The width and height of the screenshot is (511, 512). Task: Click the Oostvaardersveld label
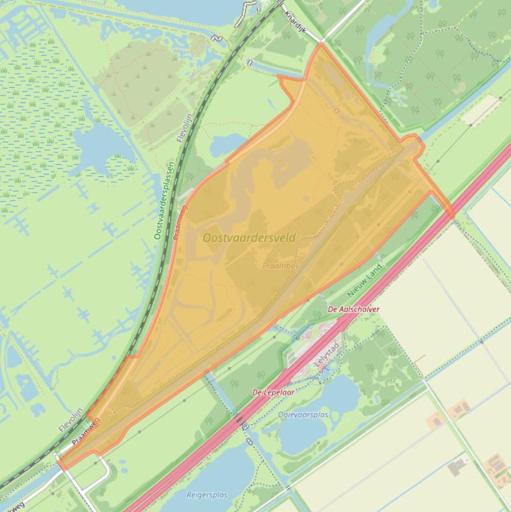click(x=249, y=238)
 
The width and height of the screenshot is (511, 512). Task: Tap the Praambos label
click(x=280, y=265)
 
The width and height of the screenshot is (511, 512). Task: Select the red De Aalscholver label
click(x=354, y=310)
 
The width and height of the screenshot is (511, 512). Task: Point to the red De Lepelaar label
click(x=273, y=392)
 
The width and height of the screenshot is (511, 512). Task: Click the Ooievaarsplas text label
click(x=303, y=415)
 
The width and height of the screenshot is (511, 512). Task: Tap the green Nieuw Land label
click(x=365, y=281)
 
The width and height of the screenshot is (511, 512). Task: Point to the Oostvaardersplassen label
click(x=163, y=200)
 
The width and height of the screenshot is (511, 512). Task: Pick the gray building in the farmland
click(x=457, y=467)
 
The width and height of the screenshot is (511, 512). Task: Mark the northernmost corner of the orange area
click(x=321, y=43)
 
